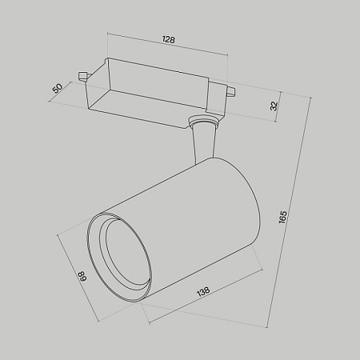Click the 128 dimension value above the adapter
(x=168, y=39)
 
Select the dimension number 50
(x=58, y=88)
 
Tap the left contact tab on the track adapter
(x=82, y=77)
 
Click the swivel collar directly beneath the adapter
(x=202, y=123)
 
